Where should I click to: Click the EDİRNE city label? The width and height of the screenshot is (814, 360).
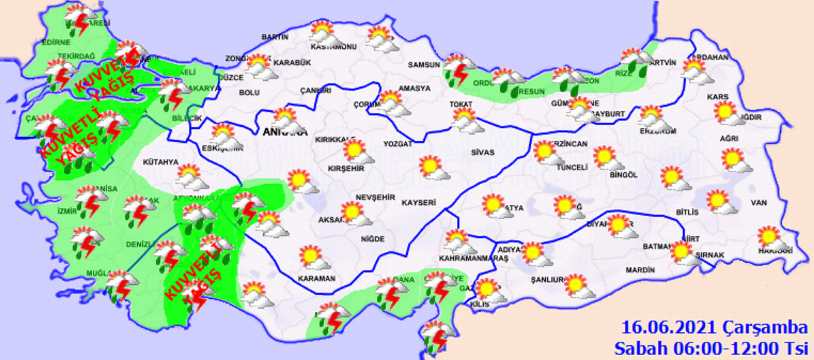(56, 42)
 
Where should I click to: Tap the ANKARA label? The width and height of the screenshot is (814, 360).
(285, 132)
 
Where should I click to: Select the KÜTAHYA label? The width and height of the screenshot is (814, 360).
(160, 162)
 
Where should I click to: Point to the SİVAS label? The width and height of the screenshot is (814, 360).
(483, 152)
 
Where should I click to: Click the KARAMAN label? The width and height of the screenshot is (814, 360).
(317, 278)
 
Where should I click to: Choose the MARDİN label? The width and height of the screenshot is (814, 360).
(640, 270)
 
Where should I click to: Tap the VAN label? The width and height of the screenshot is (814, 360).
(759, 203)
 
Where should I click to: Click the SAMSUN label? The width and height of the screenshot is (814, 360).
(423, 65)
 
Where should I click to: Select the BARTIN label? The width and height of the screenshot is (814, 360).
(275, 37)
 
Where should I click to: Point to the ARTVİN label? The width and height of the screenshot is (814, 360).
(663, 62)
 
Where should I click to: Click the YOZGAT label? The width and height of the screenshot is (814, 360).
(397, 144)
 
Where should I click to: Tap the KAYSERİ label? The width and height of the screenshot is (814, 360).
(418, 202)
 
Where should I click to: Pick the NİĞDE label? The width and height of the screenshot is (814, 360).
(373, 239)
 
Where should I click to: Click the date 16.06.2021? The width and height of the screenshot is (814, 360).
(668, 328)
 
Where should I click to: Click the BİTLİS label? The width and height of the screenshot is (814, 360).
(687, 212)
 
